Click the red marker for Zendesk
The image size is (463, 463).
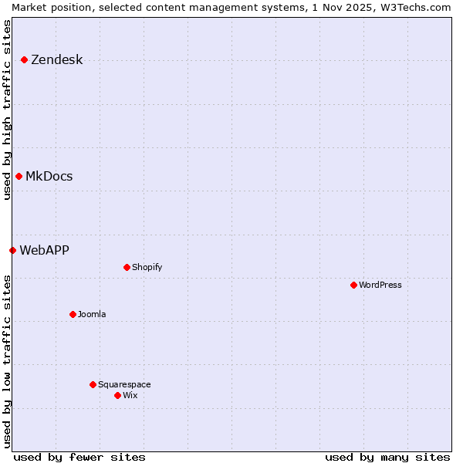pos(24,59)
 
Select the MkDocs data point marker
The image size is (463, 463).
pos(19,176)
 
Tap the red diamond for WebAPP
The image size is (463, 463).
pos(12,250)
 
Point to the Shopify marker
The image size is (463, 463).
pos(127,267)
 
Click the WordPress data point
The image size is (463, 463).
pos(353,285)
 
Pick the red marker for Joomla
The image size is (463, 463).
pos(73,314)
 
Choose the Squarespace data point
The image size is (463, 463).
pos(93,384)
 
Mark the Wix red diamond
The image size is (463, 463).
pos(117,395)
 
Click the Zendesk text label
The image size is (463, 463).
pos(56,60)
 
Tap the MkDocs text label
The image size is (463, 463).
pos(49,177)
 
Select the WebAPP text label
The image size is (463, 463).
pos(44,250)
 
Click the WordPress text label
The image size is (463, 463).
pos(380,285)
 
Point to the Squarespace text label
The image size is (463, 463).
pos(124,384)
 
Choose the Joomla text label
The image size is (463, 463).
pos(92,314)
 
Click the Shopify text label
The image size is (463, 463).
pos(147,267)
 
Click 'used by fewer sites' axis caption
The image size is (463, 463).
pos(79,457)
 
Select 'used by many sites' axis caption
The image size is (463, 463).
pos(387,457)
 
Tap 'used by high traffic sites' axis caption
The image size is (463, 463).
pos(7,110)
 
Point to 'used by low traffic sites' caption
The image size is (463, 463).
pos(7,361)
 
